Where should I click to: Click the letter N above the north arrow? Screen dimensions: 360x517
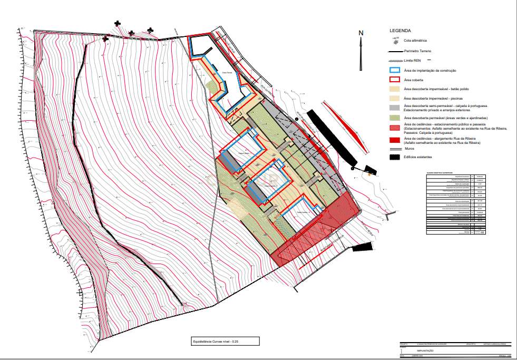[x=361, y=33]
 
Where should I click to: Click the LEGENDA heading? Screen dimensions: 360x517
[x=399, y=31]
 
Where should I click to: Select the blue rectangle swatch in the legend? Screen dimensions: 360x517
[x=395, y=70]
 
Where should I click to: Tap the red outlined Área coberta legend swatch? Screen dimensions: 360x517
[x=395, y=80]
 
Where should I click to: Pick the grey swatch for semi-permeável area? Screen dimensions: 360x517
[x=395, y=108]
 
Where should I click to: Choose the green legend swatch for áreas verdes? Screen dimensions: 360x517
[x=395, y=118]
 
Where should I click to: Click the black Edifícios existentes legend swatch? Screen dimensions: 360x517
[x=395, y=157]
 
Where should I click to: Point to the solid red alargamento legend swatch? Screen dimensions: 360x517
[x=395, y=140]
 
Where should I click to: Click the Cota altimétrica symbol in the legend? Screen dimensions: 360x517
[x=394, y=40]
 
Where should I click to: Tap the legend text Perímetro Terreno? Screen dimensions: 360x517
[x=417, y=51]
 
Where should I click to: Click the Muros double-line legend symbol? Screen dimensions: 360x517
[x=395, y=149]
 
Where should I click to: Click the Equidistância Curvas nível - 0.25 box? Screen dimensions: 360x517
[x=225, y=342]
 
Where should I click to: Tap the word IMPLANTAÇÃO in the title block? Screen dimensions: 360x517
[x=425, y=351]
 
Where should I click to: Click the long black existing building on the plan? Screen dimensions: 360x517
[x=331, y=136]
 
